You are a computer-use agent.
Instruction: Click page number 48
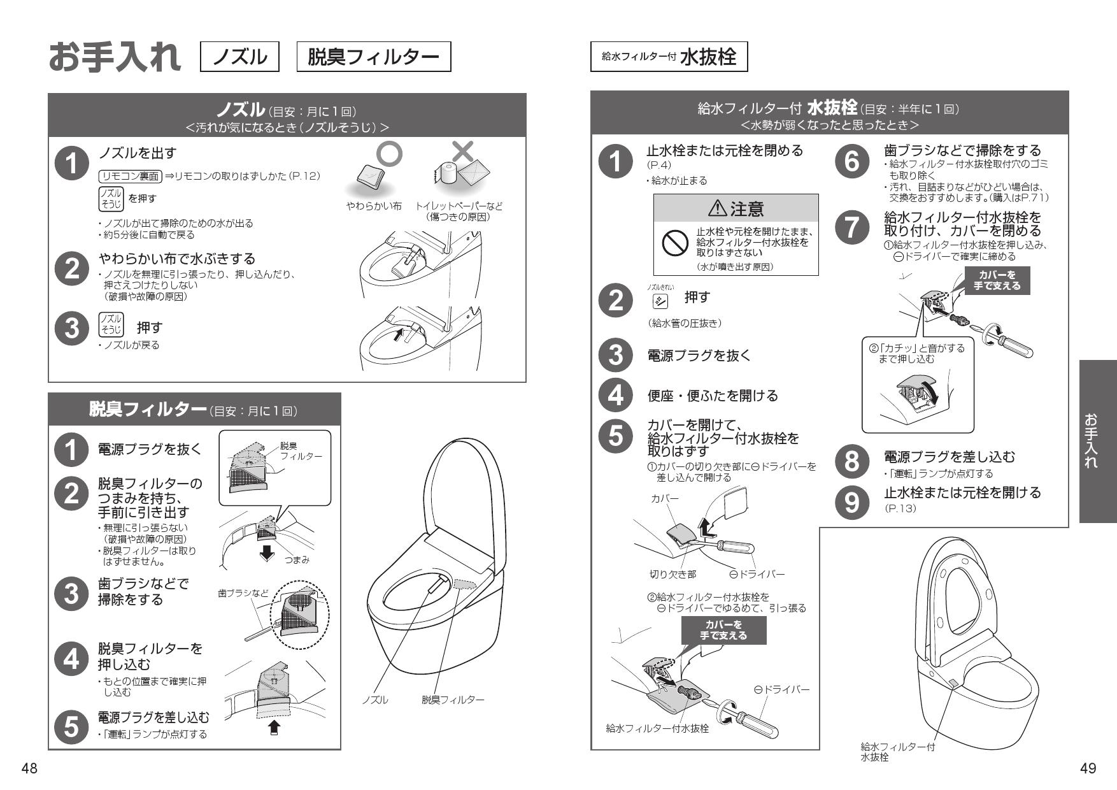click(29, 769)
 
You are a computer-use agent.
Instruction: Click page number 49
click(1088, 769)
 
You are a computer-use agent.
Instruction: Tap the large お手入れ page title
click(115, 57)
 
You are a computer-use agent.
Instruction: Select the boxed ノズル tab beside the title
click(239, 57)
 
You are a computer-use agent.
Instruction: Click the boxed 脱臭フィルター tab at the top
click(373, 57)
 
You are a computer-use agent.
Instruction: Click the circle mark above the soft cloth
click(390, 154)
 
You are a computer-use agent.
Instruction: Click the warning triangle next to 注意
click(717, 208)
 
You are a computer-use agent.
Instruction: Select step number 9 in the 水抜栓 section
click(851, 501)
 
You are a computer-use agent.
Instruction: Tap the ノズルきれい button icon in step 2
click(656, 299)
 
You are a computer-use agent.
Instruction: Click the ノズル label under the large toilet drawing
click(375, 700)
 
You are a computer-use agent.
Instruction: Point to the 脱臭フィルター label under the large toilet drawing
click(453, 700)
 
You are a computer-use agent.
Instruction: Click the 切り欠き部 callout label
click(672, 574)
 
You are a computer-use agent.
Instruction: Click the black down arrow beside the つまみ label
click(268, 552)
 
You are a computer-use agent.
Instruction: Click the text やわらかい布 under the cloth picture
click(374, 206)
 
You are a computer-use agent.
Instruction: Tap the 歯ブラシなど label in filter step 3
click(243, 592)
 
